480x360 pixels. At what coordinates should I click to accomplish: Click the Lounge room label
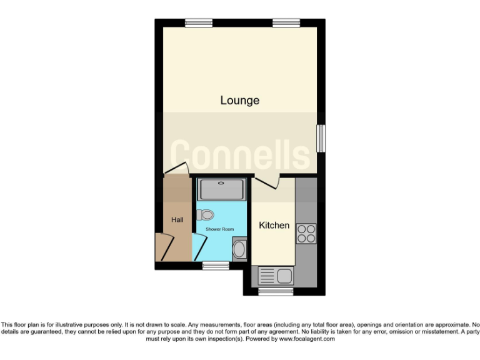pos(239,100)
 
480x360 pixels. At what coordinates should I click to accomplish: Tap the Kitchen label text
pos(274,225)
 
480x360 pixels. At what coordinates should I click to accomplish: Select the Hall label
pos(177,219)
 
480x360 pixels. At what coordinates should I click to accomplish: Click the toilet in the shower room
pos(206,215)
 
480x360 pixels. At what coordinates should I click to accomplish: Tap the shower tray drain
pos(222,183)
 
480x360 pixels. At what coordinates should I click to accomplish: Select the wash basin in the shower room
pos(239,251)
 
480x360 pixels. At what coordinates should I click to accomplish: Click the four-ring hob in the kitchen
pos(306,233)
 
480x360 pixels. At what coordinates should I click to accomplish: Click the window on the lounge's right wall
pos(321,137)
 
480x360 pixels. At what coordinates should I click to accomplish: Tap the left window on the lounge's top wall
pos(198,23)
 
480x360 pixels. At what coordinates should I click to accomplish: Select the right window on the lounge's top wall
pos(285,23)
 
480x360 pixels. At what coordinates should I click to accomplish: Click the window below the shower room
pos(216,266)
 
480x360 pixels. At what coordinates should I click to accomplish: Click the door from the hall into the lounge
pos(176,169)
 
